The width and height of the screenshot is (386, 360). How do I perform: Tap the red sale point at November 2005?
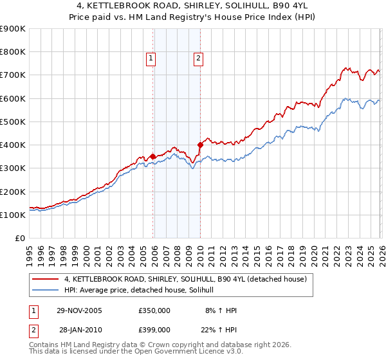pyautogui.click(x=152, y=156)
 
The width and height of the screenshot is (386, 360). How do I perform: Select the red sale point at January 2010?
pyautogui.click(x=200, y=145)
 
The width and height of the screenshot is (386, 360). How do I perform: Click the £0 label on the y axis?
pyautogui.click(x=19, y=238)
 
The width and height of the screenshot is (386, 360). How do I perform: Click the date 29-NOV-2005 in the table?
pyautogui.click(x=80, y=310)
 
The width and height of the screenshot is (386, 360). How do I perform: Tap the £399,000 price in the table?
pyautogui.click(x=154, y=330)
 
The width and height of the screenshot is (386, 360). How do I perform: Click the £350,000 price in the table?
pyautogui.click(x=154, y=310)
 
